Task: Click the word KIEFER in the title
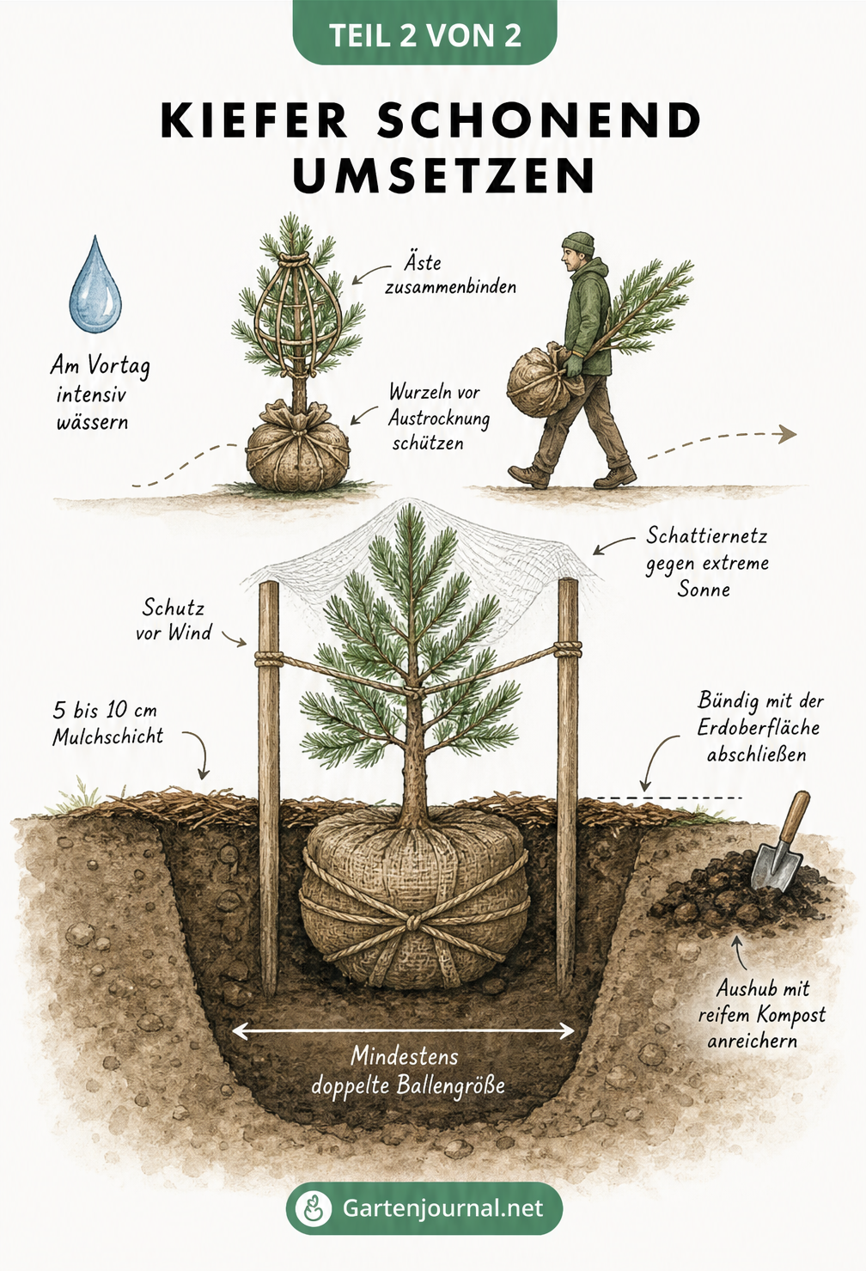pyautogui.click(x=254, y=121)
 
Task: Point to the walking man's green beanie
pyautogui.click(x=578, y=244)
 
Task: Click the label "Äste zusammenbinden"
pyautogui.click(x=451, y=275)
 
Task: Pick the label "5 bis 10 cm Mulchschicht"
pyautogui.click(x=107, y=724)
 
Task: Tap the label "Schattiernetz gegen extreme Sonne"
pyautogui.click(x=707, y=562)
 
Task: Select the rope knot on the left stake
pyautogui.click(x=269, y=659)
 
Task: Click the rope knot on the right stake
pyautogui.click(x=567, y=649)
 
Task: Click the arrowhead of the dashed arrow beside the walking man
pyautogui.click(x=787, y=434)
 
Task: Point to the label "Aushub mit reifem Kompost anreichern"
pyautogui.click(x=762, y=1015)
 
